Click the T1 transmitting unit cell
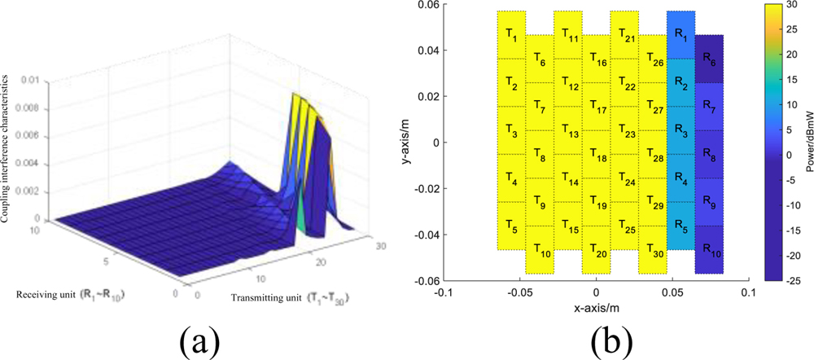512,35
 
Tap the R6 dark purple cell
708,59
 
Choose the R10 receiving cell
708,249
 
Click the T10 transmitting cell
540,249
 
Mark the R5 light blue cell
681,226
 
